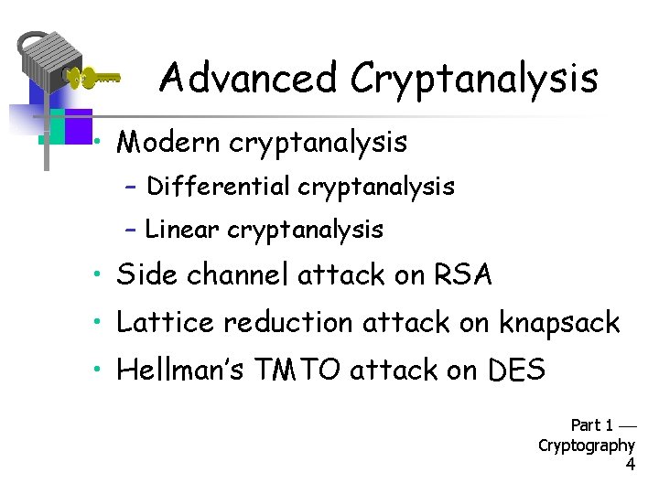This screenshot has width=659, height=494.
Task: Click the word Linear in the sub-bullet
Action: click(x=183, y=230)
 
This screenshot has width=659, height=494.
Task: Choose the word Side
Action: click(x=144, y=274)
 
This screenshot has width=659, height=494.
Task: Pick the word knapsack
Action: click(x=559, y=324)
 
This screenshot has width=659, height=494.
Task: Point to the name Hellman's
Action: click(x=174, y=370)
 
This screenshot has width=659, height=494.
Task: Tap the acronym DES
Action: click(x=516, y=370)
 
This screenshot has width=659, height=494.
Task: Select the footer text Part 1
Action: click(x=592, y=425)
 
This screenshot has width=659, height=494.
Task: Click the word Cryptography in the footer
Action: click(x=587, y=446)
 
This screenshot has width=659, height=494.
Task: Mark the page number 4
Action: click(x=630, y=465)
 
